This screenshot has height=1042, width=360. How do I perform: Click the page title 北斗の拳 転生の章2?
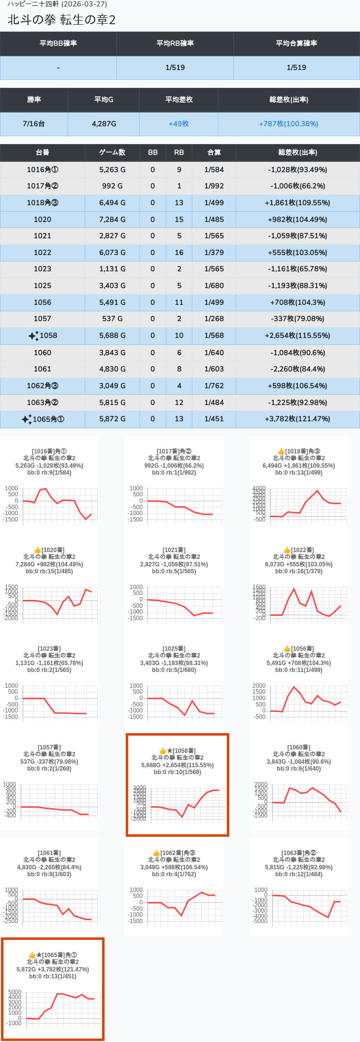point(62,20)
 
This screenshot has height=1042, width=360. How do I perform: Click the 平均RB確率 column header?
point(175,43)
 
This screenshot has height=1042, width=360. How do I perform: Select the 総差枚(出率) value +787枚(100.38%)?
point(288,124)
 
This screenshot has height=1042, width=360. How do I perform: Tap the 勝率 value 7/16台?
point(34,124)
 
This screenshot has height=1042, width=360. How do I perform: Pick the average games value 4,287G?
point(104,124)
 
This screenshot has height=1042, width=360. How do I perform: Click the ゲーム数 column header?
point(112,152)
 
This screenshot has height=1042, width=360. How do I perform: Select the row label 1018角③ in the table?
point(42,203)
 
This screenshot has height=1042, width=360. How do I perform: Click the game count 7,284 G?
point(112,220)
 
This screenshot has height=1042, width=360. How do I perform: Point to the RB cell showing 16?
point(179,253)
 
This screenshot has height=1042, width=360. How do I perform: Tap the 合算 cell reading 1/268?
point(214,319)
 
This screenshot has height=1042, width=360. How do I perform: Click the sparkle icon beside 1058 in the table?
point(33,336)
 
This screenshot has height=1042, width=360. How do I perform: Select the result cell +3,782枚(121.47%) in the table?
point(297,419)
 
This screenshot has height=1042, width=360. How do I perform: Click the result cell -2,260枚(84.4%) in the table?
point(297,369)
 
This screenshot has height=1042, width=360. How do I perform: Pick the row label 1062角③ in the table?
point(42,386)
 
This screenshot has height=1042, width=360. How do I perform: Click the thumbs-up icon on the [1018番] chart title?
point(281,451)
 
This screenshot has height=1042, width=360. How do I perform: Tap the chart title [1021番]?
point(174,550)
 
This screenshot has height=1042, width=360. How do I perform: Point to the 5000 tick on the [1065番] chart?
point(15,992)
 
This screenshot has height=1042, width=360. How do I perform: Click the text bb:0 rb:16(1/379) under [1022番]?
point(299,571)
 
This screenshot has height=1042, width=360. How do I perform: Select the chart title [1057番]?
point(49,747)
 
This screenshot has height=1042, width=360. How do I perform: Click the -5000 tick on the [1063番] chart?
point(260,921)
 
